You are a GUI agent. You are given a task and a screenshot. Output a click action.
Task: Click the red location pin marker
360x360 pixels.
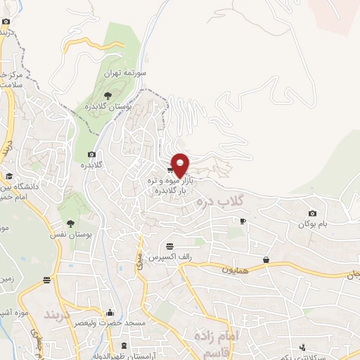point(181,164)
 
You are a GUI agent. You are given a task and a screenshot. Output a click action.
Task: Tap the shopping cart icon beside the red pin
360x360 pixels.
point(171,169)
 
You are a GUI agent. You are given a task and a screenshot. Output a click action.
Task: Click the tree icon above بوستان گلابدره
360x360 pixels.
point(108,94)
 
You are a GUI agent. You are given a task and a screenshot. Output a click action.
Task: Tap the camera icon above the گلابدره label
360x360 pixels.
point(91,155)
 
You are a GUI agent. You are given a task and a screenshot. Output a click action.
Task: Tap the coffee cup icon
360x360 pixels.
point(243,221)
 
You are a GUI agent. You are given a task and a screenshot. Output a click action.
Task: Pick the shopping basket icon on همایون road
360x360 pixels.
point(266,259)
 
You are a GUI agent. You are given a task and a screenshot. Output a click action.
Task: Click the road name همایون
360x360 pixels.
point(236,269)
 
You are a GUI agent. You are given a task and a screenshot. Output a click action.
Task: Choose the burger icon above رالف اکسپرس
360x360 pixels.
point(170,246)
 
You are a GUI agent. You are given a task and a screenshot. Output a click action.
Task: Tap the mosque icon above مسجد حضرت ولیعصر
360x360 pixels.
point(110,312)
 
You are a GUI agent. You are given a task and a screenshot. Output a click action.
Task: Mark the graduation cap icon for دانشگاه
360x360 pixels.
point(9,176)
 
